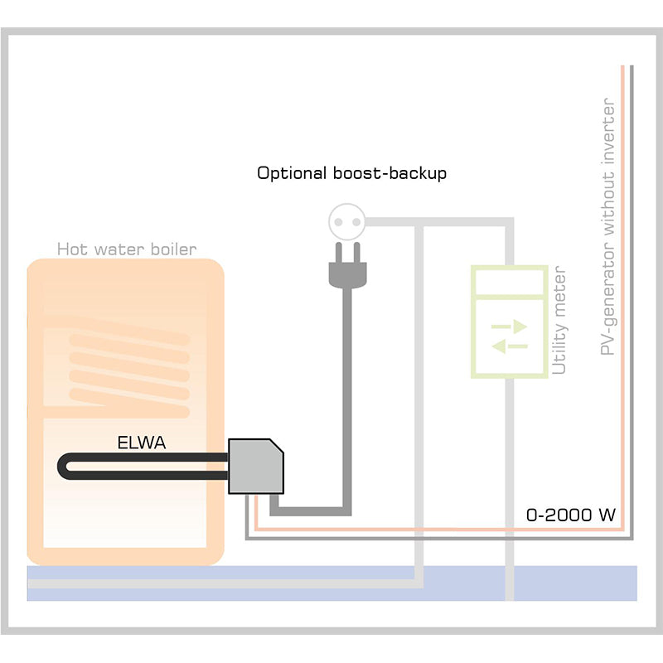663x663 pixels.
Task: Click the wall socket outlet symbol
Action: pyautogui.click(x=347, y=221)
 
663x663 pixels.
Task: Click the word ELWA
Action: pyautogui.click(x=141, y=443)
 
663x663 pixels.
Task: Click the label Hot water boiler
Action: pyautogui.click(x=127, y=249)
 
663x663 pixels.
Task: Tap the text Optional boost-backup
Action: pyautogui.click(x=351, y=173)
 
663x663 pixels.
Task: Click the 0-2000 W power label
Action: pyautogui.click(x=571, y=515)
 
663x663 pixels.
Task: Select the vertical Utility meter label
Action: pyautogui.click(x=559, y=321)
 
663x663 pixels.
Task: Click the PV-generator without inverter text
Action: pyautogui.click(x=609, y=227)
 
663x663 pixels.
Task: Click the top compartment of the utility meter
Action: pyautogui.click(x=509, y=281)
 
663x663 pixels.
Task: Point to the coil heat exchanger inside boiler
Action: pyautogui.click(x=128, y=372)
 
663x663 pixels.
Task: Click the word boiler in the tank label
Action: pyautogui.click(x=177, y=249)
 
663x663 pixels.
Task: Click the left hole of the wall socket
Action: pyautogui.click(x=341, y=221)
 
